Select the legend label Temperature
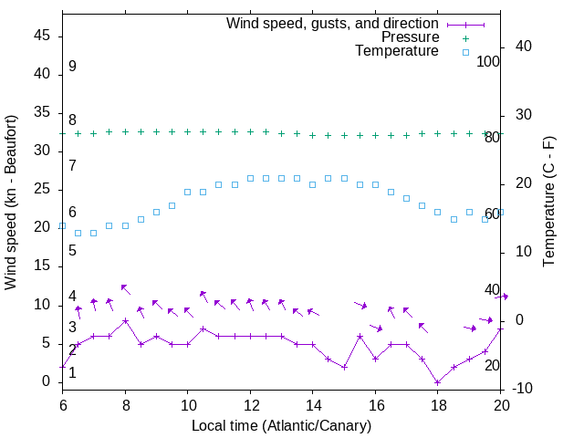[397, 52]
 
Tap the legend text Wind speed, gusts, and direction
[333, 23]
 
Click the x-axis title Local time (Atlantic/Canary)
[281, 425]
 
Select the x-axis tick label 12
[250, 404]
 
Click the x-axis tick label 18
[438, 404]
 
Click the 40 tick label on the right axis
[522, 47]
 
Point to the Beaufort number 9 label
[72, 67]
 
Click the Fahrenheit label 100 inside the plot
[489, 62]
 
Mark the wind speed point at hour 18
[438, 382]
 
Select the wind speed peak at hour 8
[125, 321]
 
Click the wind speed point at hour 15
[344, 367]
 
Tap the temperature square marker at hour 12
[250, 178]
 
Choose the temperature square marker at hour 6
[62, 225]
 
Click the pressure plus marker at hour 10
[187, 131]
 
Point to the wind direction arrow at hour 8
[125, 289]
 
